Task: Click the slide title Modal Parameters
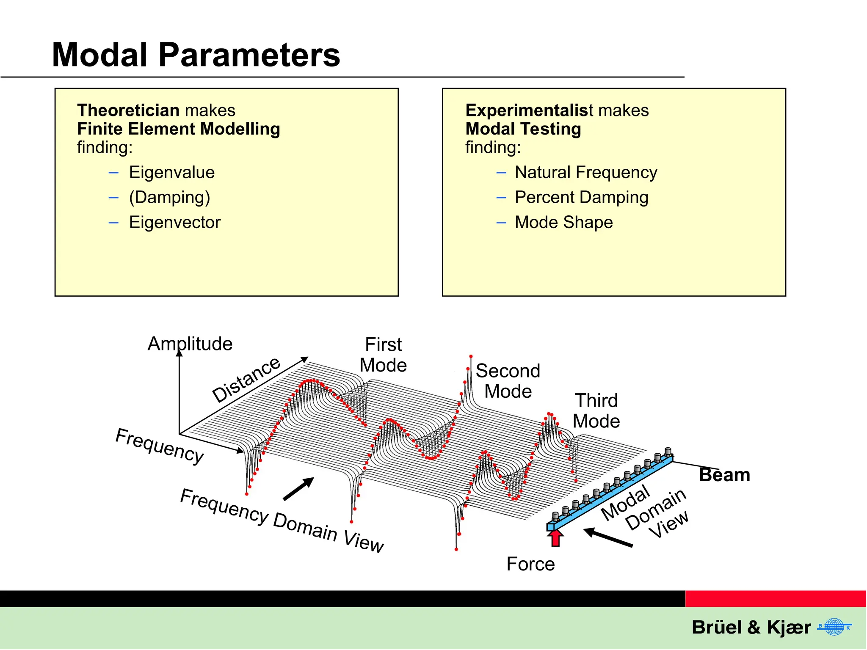pos(196,55)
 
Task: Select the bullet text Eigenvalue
pos(171,173)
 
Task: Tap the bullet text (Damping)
pos(169,198)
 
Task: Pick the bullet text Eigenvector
pos(174,223)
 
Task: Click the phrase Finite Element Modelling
pos(178,129)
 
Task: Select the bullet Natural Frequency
pos(586,173)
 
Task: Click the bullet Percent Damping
pos(581,198)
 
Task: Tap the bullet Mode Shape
pos(563,223)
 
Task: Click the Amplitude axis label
pos(190,344)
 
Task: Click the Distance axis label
pos(246,380)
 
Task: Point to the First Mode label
pos(383,355)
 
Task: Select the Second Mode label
pos(508,381)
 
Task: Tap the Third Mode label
pos(596,410)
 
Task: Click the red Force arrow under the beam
pos(555,538)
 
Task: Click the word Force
pos(530,564)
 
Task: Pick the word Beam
pos(724,475)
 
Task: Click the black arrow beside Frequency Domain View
pos(299,489)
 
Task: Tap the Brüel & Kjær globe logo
pos(834,627)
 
